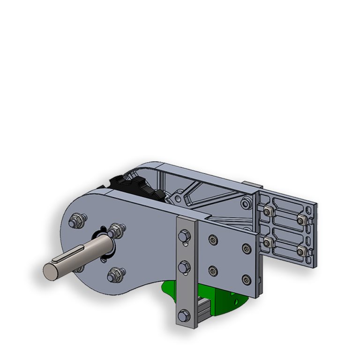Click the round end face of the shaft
(x=50, y=270)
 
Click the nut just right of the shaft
(x=116, y=230)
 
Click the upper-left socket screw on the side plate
(x=213, y=240)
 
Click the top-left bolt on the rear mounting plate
(x=267, y=211)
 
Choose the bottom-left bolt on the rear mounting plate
(x=267, y=242)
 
